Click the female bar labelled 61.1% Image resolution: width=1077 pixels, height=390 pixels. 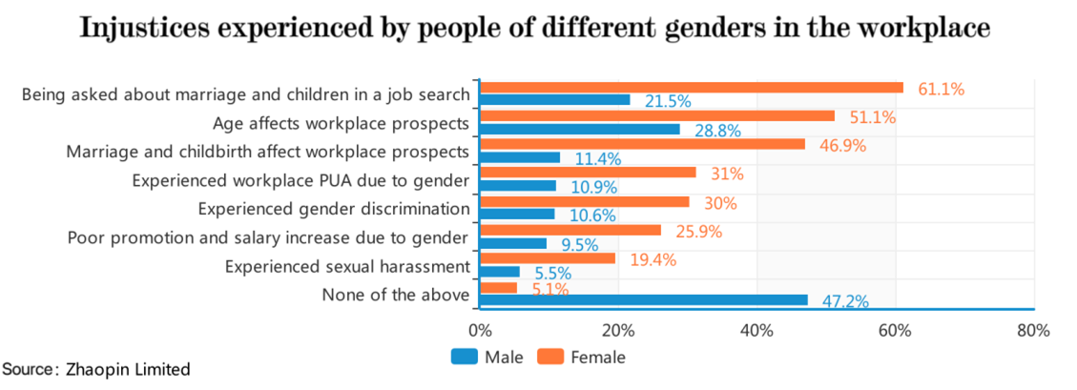tap(691, 88)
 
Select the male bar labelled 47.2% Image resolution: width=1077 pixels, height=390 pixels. tap(643, 299)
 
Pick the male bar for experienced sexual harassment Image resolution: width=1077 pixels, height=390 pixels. tap(500, 272)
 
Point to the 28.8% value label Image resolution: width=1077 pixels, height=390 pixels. tap(717, 130)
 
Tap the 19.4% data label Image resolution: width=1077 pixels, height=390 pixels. tap(652, 258)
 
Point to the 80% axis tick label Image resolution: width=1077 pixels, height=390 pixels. tap(1032, 331)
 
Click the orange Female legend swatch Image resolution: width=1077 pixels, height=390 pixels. tap(550, 358)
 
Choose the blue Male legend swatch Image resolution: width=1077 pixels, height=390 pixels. tap(464, 358)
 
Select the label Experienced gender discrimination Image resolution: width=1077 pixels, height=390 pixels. tap(334, 209)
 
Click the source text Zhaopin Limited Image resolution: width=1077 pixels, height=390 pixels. tap(128, 369)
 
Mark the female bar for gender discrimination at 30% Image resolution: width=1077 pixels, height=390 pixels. tap(584, 202)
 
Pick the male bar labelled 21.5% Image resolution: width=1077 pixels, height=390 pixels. tap(554, 100)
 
